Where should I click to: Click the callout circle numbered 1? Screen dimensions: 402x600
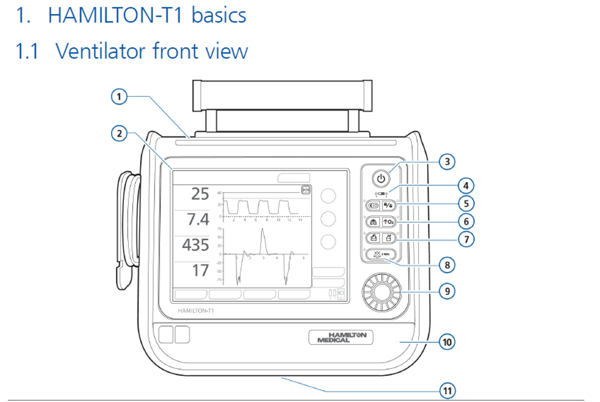[118, 97]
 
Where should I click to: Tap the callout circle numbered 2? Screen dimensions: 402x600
[118, 133]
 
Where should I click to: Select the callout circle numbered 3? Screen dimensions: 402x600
[447, 162]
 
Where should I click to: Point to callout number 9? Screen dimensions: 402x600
[447, 291]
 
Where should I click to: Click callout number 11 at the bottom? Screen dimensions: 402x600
[447, 391]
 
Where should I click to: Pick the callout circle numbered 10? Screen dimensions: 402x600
[447, 341]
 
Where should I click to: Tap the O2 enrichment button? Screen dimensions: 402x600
[389, 221]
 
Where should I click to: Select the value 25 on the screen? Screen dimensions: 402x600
[200, 194]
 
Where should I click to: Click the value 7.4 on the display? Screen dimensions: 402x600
[198, 220]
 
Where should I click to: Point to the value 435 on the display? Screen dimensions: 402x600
[195, 245]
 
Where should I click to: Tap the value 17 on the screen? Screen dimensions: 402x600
[200, 271]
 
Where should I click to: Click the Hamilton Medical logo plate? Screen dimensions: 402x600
[341, 337]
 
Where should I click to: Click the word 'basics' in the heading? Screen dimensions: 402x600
[219, 14]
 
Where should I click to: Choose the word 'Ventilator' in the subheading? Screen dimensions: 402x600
[101, 51]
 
